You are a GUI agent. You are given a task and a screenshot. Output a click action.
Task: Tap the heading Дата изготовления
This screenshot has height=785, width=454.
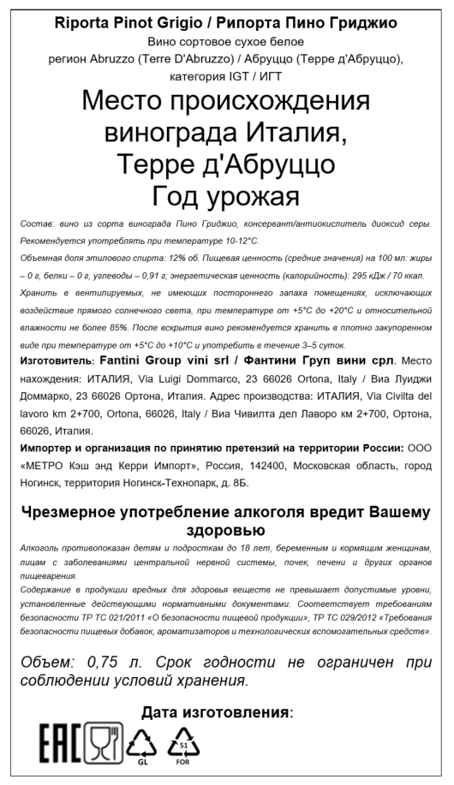coord(215,712)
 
